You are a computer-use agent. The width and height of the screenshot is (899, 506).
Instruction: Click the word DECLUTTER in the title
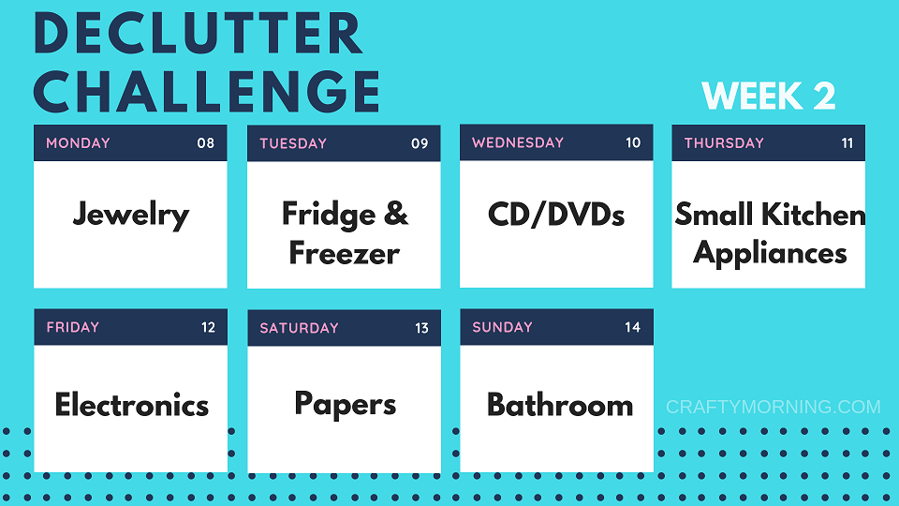click(x=198, y=33)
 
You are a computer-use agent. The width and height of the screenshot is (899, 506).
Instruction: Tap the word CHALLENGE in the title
click(x=207, y=91)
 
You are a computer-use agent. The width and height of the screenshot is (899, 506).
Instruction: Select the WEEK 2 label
click(x=768, y=96)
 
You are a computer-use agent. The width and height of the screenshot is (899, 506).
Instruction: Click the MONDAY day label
click(x=78, y=142)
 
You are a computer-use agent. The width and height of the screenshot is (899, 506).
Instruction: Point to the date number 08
click(x=206, y=142)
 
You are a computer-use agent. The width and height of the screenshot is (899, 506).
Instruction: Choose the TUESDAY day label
click(x=293, y=143)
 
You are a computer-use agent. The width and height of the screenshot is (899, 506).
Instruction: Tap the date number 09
click(x=420, y=143)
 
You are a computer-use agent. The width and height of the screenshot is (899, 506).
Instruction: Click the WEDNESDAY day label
click(x=518, y=142)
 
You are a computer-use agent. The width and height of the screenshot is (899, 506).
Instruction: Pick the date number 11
click(x=847, y=142)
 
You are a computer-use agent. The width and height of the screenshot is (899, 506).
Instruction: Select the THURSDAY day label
click(x=724, y=142)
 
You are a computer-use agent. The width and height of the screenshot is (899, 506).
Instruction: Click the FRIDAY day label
click(x=73, y=327)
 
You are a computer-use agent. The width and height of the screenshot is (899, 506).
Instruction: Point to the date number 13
click(x=422, y=328)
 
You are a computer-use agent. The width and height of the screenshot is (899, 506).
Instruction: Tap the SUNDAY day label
click(x=502, y=327)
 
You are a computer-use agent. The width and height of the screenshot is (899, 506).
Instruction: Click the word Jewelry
click(x=131, y=216)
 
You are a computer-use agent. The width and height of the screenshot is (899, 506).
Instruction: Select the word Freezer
click(x=344, y=253)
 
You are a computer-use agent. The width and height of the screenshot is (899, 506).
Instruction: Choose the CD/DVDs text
click(x=556, y=215)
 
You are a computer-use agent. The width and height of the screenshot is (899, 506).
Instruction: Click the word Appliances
click(x=770, y=253)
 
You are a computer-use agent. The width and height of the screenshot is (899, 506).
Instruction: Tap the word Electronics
click(x=132, y=405)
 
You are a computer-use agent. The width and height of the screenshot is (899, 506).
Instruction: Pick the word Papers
click(x=346, y=405)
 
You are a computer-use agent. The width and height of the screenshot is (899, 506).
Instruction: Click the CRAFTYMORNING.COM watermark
click(x=774, y=407)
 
